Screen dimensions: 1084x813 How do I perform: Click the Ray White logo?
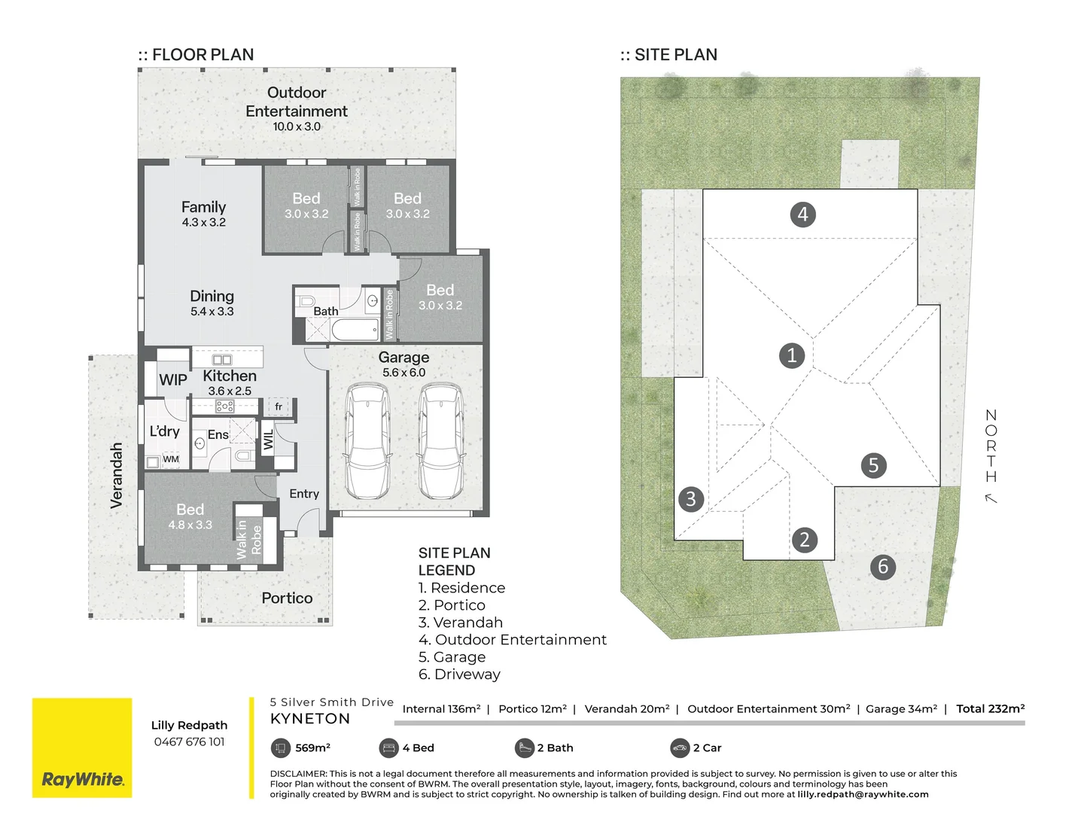pos(82,748)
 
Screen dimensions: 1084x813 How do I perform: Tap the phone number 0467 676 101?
pos(189,741)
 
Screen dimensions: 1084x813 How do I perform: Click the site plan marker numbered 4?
pos(802,215)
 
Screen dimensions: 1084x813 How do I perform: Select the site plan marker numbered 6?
pos(883,566)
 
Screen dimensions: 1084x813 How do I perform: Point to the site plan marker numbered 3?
pos(691,498)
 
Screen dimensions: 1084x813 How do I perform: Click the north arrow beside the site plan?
pos(991,498)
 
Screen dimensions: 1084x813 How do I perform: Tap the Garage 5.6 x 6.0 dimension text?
pos(403,373)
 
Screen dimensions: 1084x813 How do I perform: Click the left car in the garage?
pos(367,441)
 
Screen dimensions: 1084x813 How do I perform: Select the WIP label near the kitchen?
pos(173,379)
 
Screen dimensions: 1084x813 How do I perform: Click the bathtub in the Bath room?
pos(355,330)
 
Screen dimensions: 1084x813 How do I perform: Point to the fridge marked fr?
pos(279,406)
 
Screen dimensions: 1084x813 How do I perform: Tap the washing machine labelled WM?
pos(171,459)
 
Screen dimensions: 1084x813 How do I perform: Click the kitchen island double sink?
pos(222,360)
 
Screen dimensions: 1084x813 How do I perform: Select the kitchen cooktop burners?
pos(224,406)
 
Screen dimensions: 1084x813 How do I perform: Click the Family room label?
pos(203,207)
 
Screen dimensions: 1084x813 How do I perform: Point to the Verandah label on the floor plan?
pos(116,475)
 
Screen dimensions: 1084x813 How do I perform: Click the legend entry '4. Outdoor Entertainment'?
pos(513,640)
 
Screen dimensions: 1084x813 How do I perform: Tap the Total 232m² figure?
pos(990,709)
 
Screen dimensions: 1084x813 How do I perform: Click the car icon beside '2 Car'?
pos(680,748)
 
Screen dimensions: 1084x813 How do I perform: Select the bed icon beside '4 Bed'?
pos(388,748)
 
